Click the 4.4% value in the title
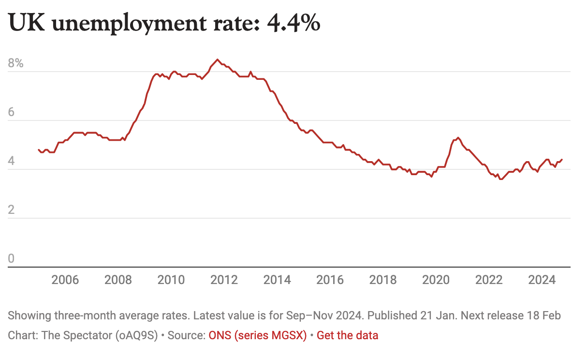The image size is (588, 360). coord(294,23)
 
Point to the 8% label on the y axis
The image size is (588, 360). coord(15,63)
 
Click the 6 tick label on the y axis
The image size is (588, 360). coord(12,112)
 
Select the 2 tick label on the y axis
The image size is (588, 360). coord(12,210)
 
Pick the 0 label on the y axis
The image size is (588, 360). coord(12,259)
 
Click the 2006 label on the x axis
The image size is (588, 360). coord(65,280)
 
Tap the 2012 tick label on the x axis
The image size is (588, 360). coord(224,280)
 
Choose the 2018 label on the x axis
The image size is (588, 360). coord(383,280)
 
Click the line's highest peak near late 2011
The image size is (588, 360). coord(217,60)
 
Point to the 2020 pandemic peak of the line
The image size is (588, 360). coord(457,137)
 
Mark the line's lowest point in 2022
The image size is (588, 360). coord(500,179)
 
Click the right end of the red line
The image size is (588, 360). coord(561,159)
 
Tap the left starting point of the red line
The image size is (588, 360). coord(39,150)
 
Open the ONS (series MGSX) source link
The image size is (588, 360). coord(258,335)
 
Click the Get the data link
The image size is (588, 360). coord(347,335)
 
